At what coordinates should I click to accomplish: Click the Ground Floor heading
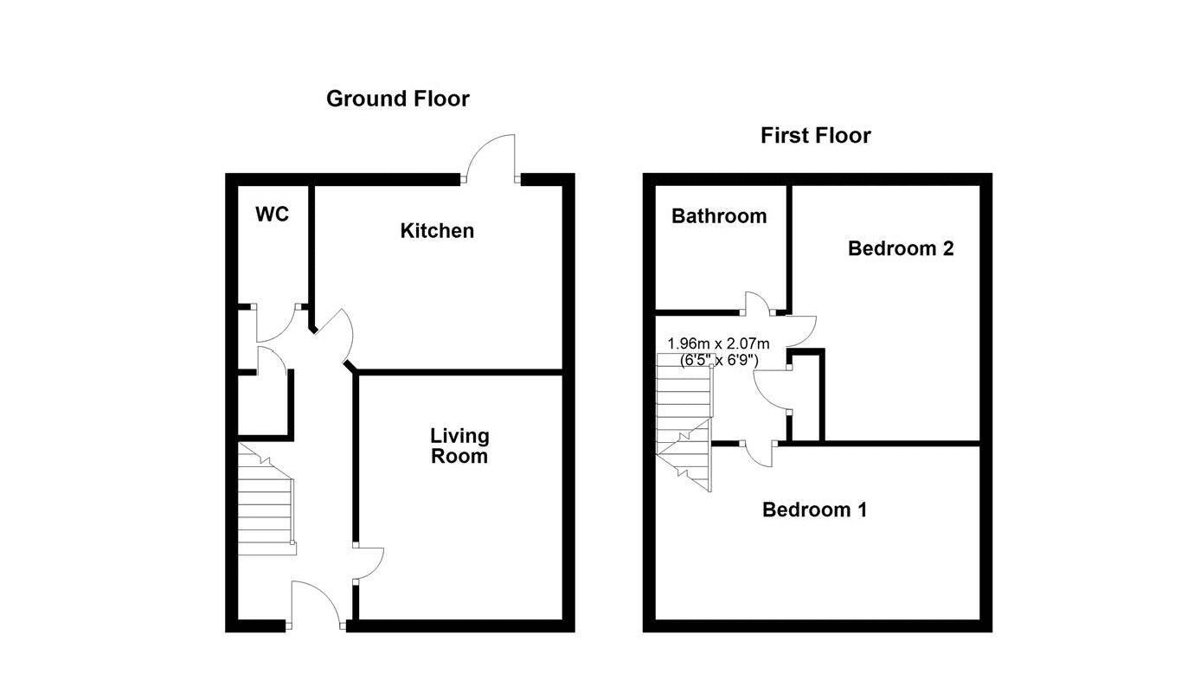pos(398,99)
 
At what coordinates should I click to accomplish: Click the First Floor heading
pos(816,135)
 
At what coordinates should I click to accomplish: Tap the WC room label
pos(272,215)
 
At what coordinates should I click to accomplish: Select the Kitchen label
pos(437,231)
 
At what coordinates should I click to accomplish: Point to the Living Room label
pos(459,446)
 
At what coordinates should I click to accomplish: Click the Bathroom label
pos(719,215)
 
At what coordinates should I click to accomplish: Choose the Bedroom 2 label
pos(901,248)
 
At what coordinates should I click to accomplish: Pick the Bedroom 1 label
pos(814,510)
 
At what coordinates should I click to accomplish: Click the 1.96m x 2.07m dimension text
pos(718,343)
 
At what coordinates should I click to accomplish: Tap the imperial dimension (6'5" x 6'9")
pos(719,361)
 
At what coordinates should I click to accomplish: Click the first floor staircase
pos(684,421)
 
